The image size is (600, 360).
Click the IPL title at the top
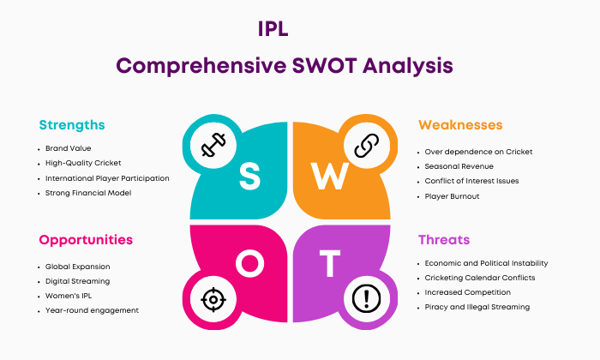coord(273,29)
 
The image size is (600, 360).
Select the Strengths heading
coord(72,125)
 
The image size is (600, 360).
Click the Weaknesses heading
coord(460,125)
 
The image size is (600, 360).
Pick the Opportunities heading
coord(86,240)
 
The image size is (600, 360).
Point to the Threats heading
coord(444,239)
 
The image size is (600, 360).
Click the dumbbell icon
coord(213,145)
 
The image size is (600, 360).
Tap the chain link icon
coord(367,146)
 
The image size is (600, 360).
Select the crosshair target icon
coord(213,299)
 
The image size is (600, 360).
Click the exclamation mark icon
coord(367,298)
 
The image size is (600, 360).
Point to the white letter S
coord(250,176)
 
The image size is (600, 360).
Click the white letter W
coord(329,176)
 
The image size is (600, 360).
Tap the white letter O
coord(250,263)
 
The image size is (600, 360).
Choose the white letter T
coord(330,263)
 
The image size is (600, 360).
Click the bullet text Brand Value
coord(68,148)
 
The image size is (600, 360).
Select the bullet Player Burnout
coord(452,196)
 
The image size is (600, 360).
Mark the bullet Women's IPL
coord(69,296)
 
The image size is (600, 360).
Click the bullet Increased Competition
coord(468,292)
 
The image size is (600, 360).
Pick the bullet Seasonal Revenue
coord(459,166)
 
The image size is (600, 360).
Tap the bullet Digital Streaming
coord(77,281)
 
